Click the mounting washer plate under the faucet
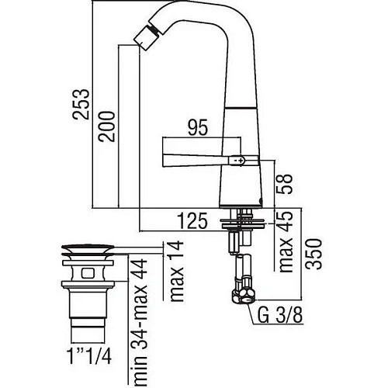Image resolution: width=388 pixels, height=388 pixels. pos(242,223)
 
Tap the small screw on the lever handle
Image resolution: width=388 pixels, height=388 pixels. pos(241,159)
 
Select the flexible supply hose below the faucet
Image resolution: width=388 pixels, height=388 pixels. pos(244,268)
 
